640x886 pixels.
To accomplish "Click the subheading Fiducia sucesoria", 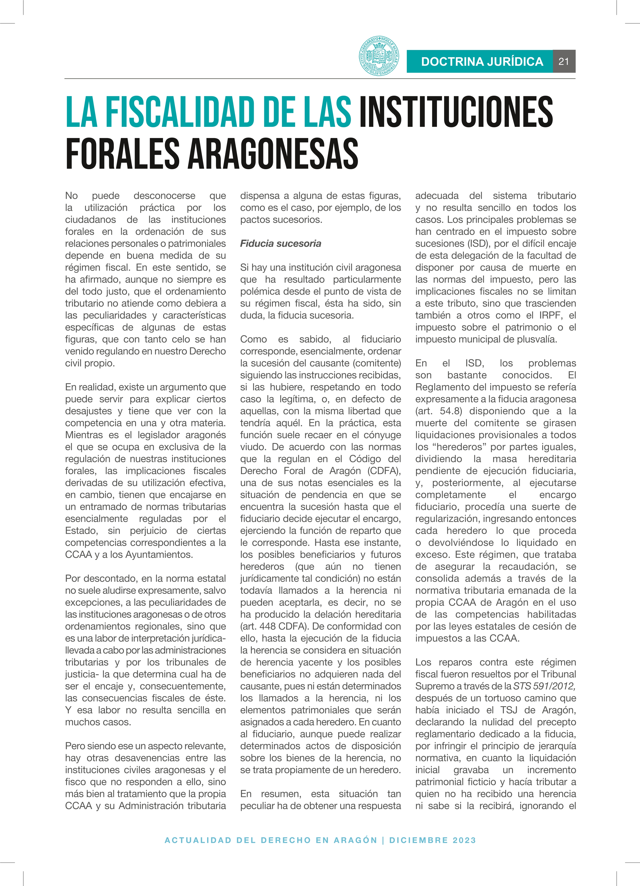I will [x=280, y=243].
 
